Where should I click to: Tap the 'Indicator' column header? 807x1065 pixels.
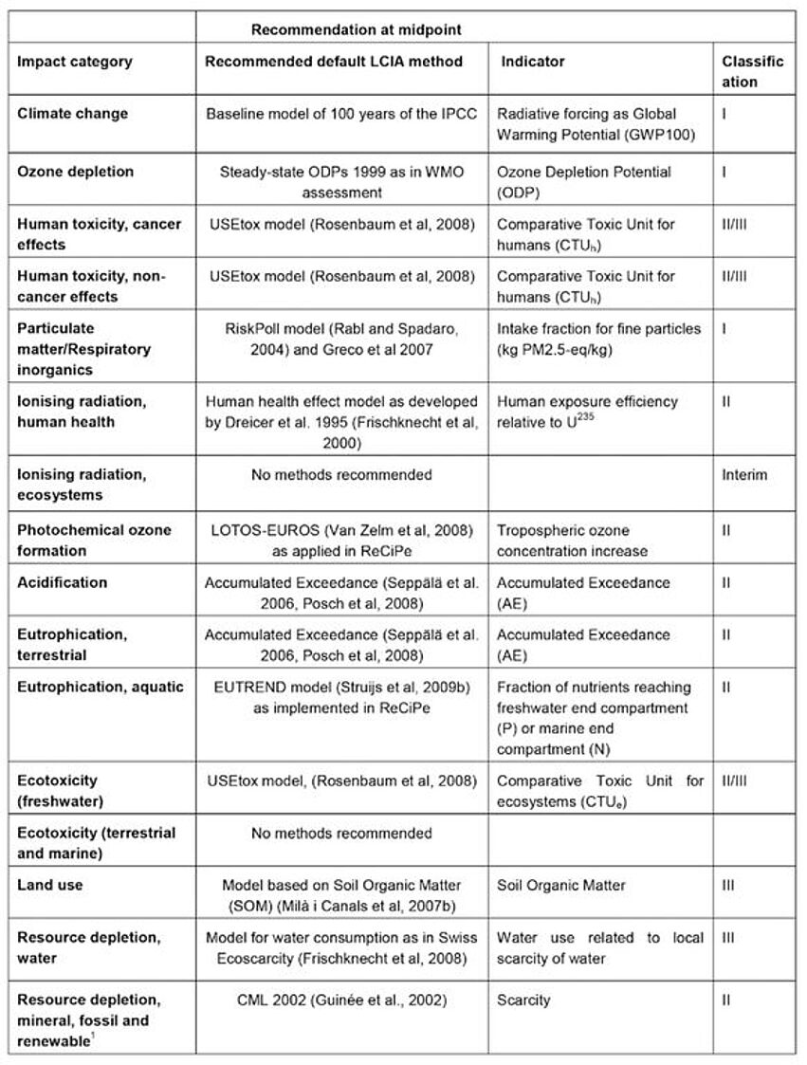click(532, 63)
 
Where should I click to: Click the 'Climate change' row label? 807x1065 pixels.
click(73, 114)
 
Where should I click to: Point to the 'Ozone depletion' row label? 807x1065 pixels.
click(76, 173)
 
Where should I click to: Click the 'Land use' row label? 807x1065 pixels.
click(50, 885)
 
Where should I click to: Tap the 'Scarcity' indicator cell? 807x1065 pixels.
click(523, 1000)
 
